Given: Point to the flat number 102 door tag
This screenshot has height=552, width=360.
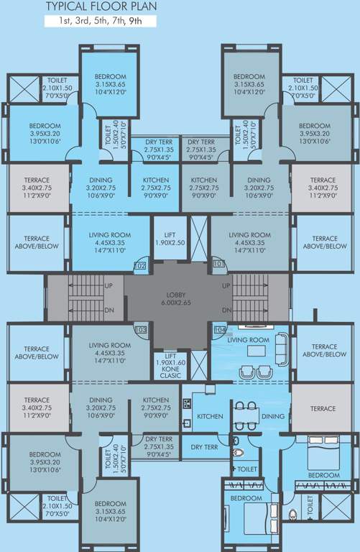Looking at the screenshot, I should coord(140,266).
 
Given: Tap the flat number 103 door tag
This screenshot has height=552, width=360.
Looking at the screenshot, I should coord(140,329).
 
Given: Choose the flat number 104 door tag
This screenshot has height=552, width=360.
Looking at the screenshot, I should coord(219,329).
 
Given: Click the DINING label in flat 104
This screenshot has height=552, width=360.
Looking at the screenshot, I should coord(273,416).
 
